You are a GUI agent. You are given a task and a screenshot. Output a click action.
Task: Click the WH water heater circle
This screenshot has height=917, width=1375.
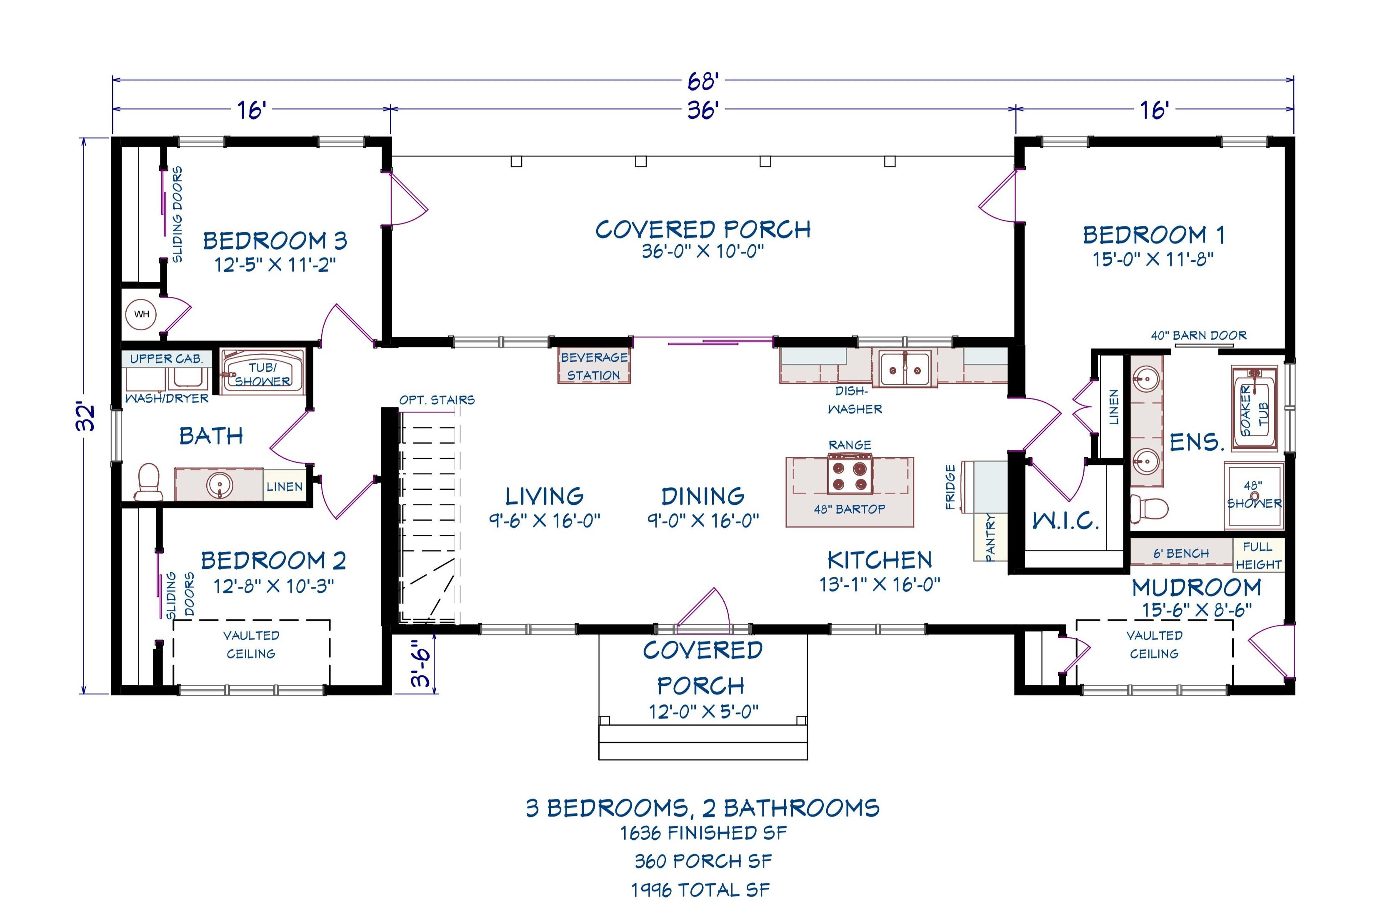(142, 314)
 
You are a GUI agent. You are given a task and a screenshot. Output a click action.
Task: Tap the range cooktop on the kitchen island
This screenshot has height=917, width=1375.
(850, 475)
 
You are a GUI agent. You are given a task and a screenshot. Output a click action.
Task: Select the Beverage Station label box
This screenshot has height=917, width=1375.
(594, 366)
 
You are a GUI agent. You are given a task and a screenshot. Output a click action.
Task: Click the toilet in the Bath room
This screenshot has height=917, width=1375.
(149, 483)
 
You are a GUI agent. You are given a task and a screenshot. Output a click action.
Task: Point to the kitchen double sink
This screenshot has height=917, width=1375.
(905, 369)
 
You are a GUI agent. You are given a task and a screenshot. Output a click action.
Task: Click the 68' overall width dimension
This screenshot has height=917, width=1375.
(702, 81)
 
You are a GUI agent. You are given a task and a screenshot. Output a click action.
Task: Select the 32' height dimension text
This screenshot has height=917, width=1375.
(87, 416)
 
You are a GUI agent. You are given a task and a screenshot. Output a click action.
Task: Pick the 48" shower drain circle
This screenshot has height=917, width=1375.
(1255, 496)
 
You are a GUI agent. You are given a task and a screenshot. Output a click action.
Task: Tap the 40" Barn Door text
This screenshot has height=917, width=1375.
(1198, 336)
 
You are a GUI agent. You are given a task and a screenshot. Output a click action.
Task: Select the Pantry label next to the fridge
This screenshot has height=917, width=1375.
(990, 537)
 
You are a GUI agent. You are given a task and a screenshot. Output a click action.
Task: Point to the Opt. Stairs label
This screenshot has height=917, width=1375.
(437, 400)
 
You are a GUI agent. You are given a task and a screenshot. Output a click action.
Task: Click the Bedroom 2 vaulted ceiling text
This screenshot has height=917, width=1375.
(251, 644)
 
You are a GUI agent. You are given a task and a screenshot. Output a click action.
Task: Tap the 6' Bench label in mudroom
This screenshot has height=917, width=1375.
(1181, 553)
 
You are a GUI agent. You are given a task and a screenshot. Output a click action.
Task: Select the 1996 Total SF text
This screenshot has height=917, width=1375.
(700, 889)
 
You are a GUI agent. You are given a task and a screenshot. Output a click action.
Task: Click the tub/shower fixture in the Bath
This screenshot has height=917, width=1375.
(262, 373)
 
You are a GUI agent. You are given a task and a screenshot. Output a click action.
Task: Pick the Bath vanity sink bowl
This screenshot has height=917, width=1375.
(220, 484)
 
